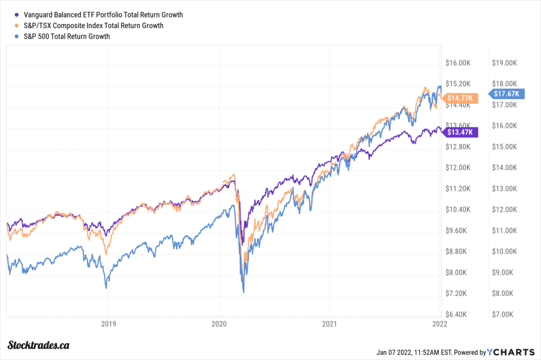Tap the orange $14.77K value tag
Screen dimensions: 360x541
461,98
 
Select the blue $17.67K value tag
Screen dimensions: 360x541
506,94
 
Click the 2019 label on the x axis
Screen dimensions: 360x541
108,324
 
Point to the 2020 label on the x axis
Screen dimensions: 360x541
219,324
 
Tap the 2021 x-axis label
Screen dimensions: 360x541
330,324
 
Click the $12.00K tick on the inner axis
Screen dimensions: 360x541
458,168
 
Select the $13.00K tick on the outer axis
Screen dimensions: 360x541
503,189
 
